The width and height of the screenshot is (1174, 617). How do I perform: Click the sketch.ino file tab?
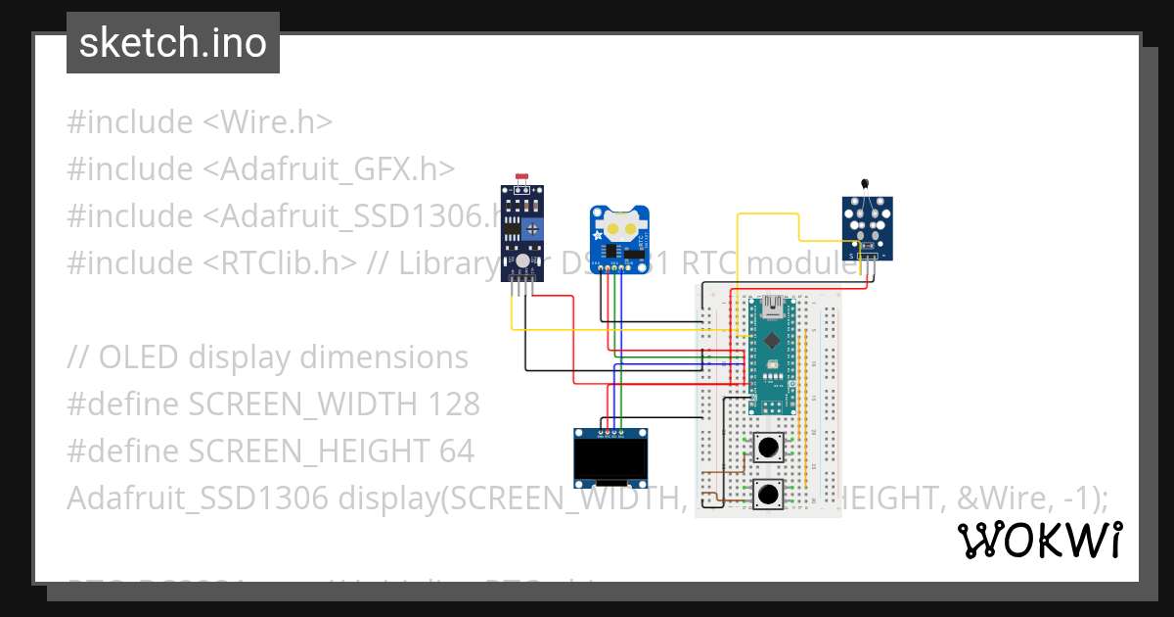tap(173, 43)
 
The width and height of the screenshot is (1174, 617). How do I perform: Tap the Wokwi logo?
tap(1039, 540)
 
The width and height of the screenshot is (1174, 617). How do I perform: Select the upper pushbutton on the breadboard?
tap(769, 449)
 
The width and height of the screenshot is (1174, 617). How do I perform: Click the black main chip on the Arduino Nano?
tap(773, 341)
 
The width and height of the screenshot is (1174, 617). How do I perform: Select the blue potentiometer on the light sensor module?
tap(532, 228)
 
